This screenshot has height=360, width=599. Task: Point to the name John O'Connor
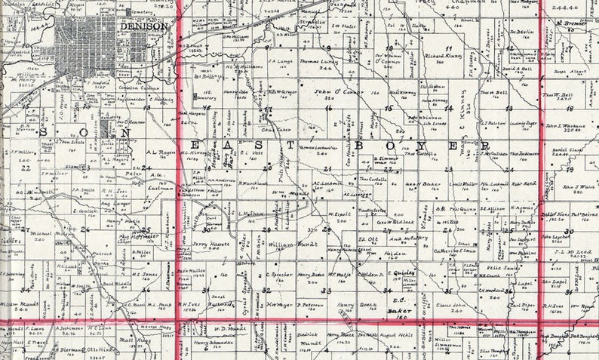[328, 92]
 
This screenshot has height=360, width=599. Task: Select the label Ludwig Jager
[522, 121]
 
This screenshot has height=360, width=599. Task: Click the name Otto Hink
[99, 349]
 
